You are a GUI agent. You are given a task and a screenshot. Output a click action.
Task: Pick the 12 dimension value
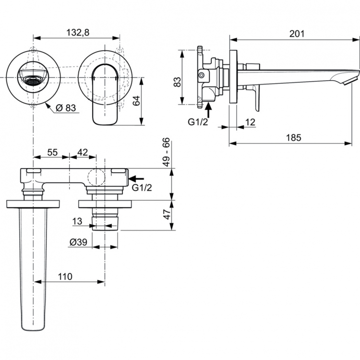250,122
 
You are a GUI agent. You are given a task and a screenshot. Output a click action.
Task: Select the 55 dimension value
52,152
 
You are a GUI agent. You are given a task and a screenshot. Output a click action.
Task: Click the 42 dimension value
83,152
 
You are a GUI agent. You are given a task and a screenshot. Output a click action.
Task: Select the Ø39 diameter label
78,243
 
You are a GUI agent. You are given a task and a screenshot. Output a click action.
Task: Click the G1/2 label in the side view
197,121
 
